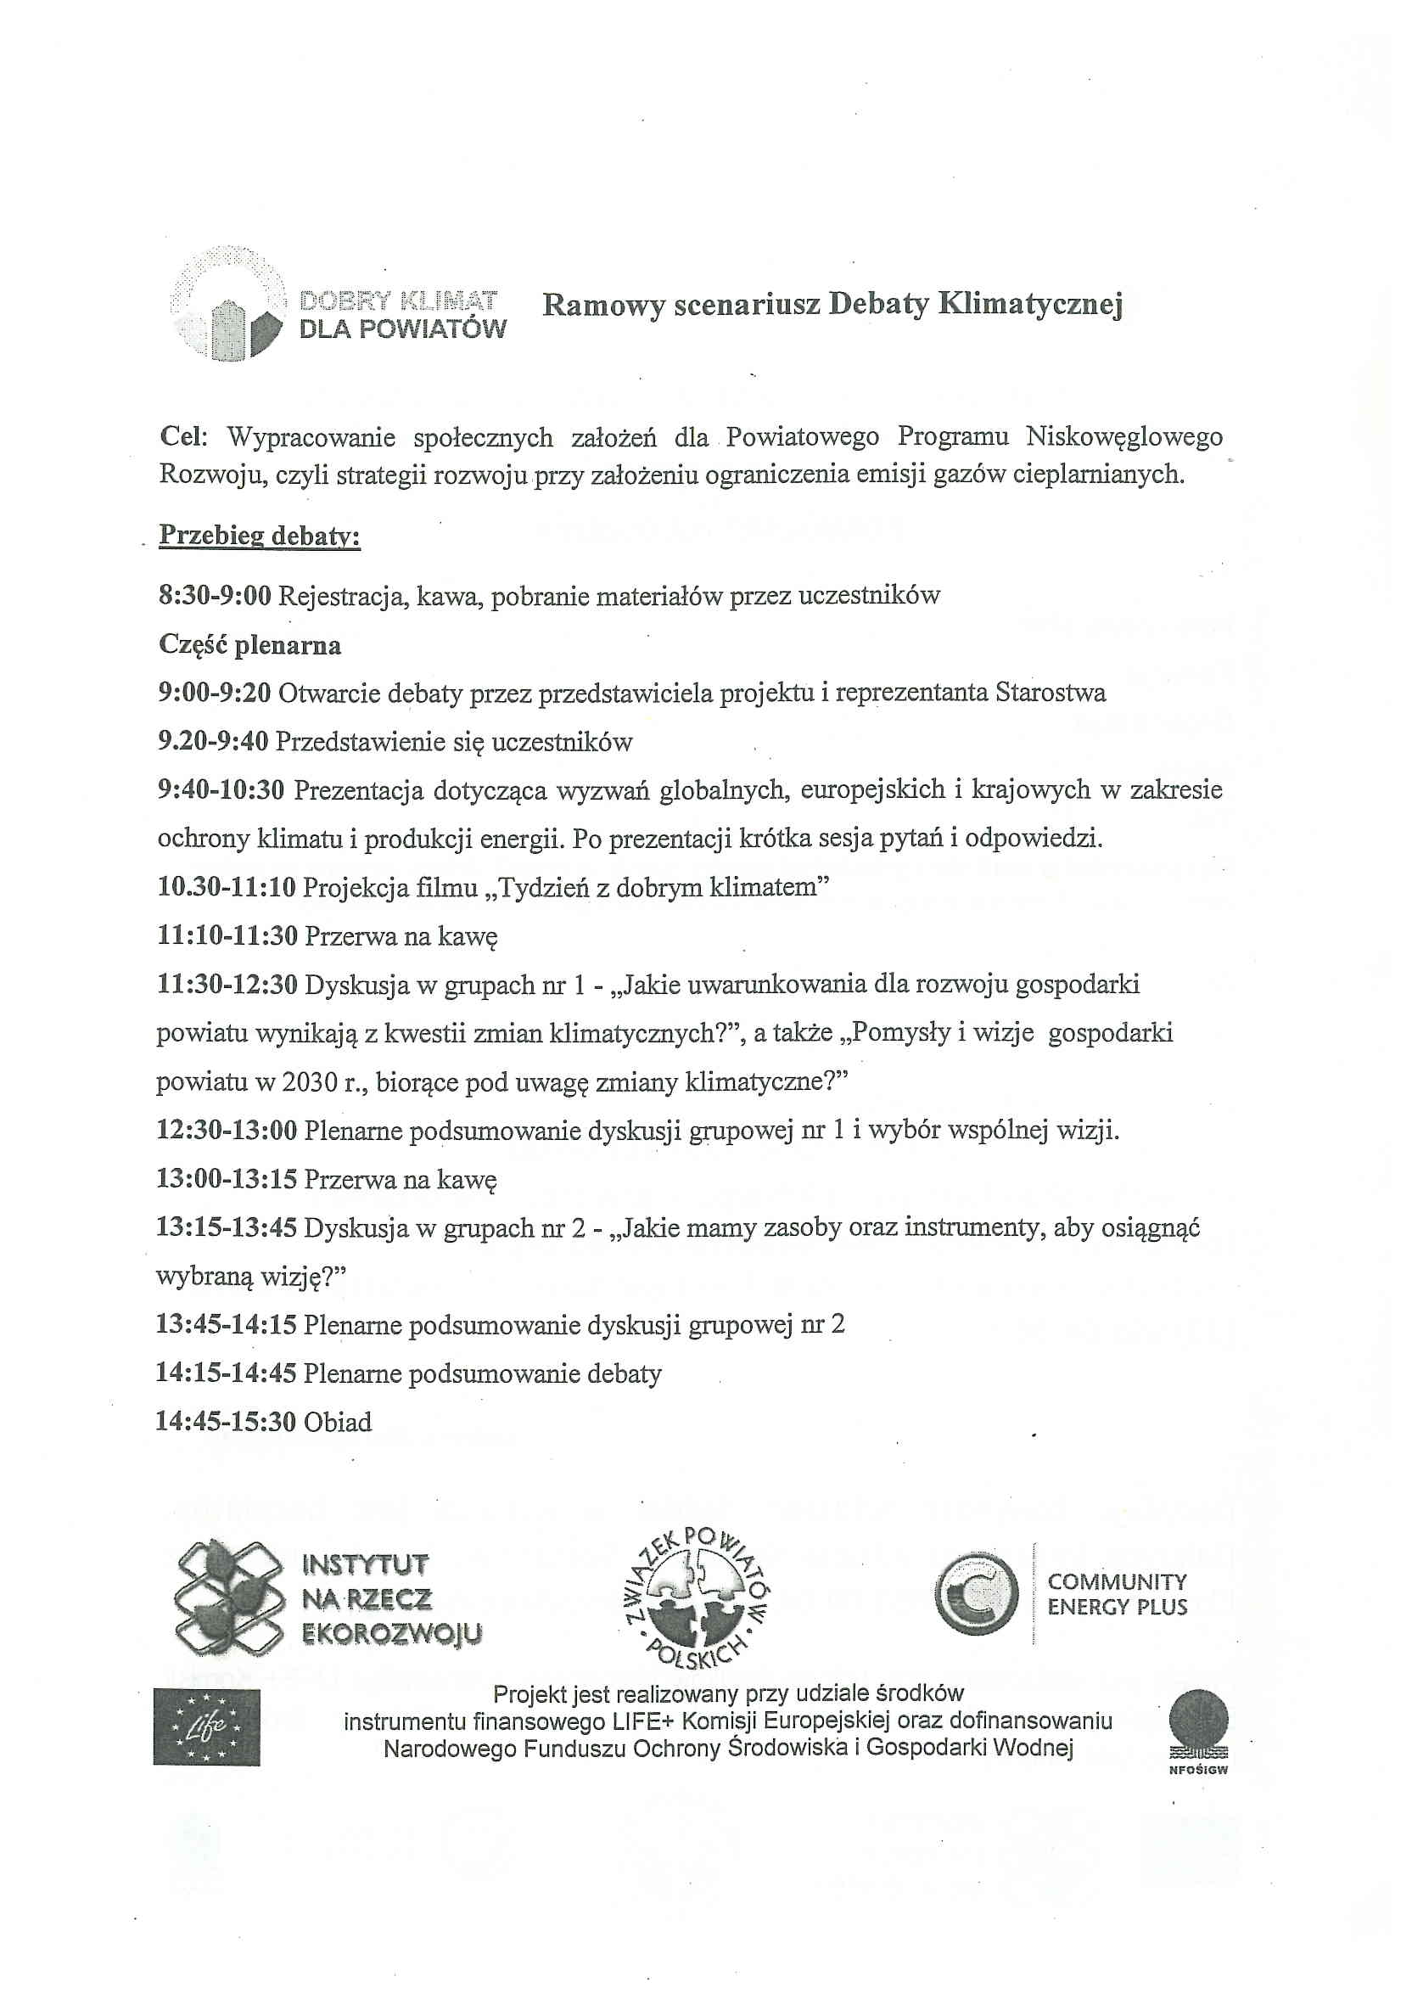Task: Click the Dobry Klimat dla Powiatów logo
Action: point(337,305)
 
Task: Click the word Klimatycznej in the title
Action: point(1029,305)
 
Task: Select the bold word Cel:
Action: point(183,437)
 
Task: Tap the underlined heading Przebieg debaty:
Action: point(259,536)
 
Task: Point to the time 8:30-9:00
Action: point(215,596)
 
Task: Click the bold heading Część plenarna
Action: point(249,645)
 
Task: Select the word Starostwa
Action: point(1051,693)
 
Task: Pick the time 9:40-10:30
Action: point(221,790)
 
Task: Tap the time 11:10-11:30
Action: point(227,936)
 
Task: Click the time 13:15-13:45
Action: point(226,1228)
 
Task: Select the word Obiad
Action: point(338,1423)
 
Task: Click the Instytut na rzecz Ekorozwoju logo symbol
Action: point(229,1598)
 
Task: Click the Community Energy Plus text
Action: point(1117,1594)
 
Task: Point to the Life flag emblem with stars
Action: point(206,1727)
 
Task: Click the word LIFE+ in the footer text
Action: point(643,1721)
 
